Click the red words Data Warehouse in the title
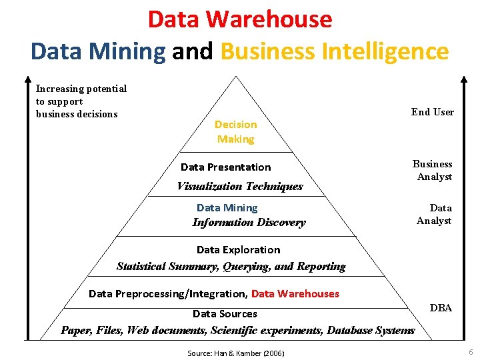pyautogui.click(x=240, y=19)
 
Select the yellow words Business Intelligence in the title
pyautogui.click(x=335, y=51)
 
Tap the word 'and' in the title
pyautogui.click(x=193, y=51)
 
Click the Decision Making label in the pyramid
pyautogui.click(x=235, y=132)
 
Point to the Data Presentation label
pyautogui.click(x=225, y=167)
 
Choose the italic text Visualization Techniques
pyautogui.click(x=239, y=187)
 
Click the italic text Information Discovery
pyautogui.click(x=249, y=223)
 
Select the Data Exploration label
pyautogui.click(x=238, y=250)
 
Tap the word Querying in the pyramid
pyautogui.click(x=246, y=267)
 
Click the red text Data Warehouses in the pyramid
pyautogui.click(x=295, y=294)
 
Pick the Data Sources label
pyautogui.click(x=225, y=314)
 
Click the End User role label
pyautogui.click(x=433, y=112)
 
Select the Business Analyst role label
pyautogui.click(x=433, y=170)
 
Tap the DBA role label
pyautogui.click(x=441, y=308)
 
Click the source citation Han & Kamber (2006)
pyautogui.click(x=235, y=353)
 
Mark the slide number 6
pyautogui.click(x=471, y=352)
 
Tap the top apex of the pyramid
pyautogui.click(x=235, y=77)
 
